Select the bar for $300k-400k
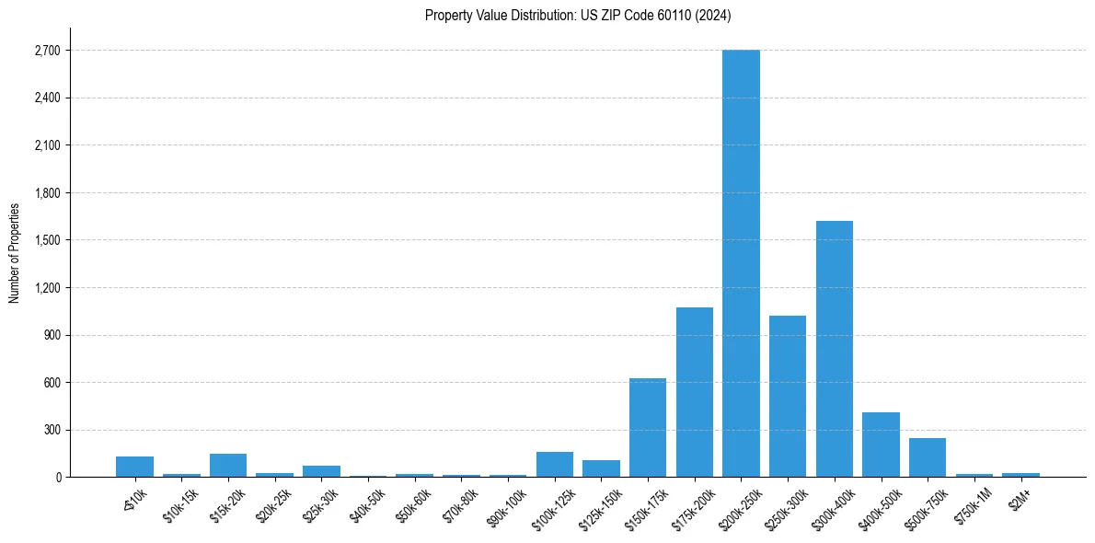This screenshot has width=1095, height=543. (835, 349)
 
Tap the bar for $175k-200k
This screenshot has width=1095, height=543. (695, 392)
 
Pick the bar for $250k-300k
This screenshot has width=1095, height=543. (788, 396)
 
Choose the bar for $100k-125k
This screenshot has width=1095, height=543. (555, 465)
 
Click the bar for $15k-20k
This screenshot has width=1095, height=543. (228, 466)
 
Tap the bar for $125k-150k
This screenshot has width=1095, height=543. (601, 468)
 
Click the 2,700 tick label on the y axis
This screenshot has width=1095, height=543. (47, 51)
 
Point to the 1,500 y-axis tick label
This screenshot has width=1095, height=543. (47, 240)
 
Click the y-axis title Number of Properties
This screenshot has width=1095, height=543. (14, 253)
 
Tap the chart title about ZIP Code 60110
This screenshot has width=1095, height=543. (578, 15)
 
